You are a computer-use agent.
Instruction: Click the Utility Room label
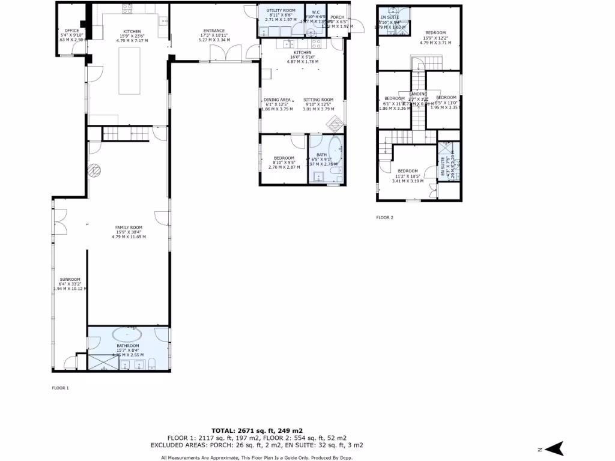pos(281,11)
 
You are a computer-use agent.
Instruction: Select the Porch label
pos(337,18)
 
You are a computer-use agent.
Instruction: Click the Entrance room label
pos(214,31)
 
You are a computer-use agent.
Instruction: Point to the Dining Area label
pos(277,100)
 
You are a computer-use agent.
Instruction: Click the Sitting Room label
pos(318,100)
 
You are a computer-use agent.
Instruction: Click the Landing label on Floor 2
pos(418,94)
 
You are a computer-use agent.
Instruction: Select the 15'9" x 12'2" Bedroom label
pos(435,33)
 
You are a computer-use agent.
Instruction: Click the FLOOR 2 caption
pos(384,217)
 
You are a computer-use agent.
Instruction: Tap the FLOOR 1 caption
pos(60,388)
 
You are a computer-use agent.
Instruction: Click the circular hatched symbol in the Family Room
pos(94,170)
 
